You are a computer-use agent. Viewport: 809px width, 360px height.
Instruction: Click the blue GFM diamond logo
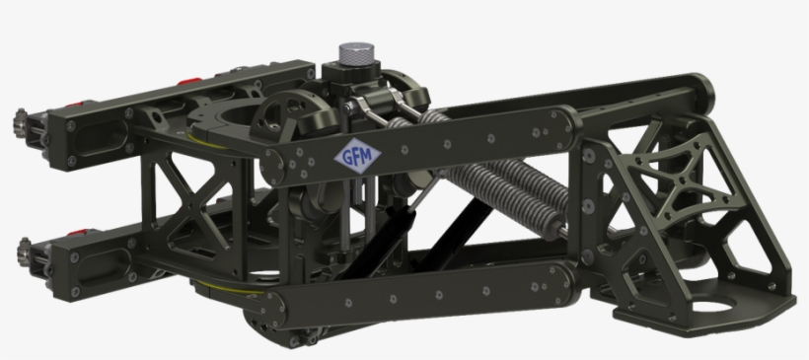357,156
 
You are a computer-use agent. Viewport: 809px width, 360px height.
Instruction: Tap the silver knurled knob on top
356,53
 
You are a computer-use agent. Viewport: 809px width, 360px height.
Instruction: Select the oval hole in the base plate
712,306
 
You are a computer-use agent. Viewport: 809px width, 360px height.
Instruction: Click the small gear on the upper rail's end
21,122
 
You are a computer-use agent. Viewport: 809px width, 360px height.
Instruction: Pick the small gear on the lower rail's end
24,252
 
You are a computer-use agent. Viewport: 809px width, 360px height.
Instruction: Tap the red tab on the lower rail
76,233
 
